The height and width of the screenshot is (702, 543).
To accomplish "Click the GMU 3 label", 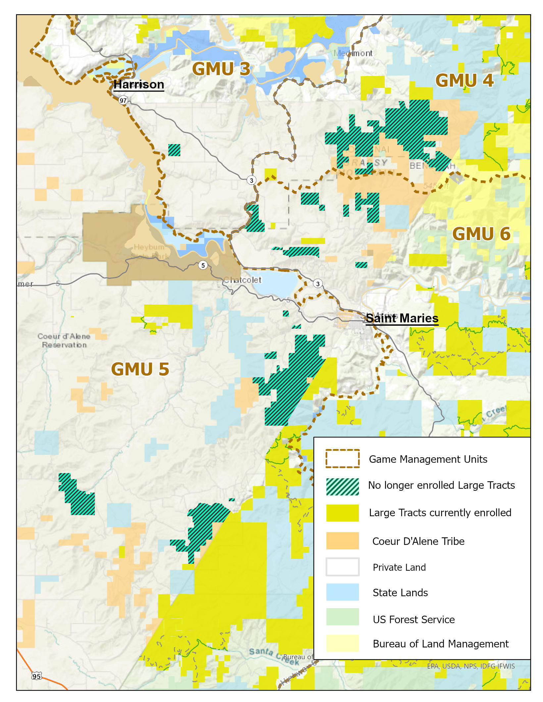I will click(x=221, y=69).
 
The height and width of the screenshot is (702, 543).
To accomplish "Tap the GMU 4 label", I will click(x=464, y=80).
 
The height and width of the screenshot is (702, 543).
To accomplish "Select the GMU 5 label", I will click(x=140, y=369).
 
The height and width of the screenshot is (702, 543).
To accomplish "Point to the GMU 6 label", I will click(x=481, y=234).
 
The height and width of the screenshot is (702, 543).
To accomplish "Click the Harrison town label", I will click(x=139, y=84).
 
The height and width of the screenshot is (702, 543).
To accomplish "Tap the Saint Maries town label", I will click(x=402, y=318).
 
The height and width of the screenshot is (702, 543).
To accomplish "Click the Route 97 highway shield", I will click(x=123, y=100).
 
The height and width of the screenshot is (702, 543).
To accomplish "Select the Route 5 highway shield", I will click(x=203, y=265).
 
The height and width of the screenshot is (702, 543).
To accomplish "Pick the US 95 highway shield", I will click(x=36, y=676).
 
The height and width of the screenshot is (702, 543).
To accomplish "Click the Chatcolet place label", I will click(x=242, y=280).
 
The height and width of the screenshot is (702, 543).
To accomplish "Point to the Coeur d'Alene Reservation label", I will click(x=64, y=340).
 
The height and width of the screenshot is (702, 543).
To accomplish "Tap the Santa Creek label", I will click(x=273, y=656).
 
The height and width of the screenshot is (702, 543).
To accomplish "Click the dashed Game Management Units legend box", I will click(x=342, y=458).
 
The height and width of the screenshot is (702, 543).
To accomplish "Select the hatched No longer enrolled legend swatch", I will click(x=342, y=486).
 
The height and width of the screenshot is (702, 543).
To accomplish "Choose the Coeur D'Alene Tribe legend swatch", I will click(x=342, y=541).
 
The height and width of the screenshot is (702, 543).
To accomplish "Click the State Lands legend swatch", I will click(x=342, y=592).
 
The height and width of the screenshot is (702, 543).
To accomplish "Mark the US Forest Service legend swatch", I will click(x=342, y=617).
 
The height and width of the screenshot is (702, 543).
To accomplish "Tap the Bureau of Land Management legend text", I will click(x=440, y=643).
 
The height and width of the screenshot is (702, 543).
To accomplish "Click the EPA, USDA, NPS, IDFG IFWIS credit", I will click(x=470, y=666).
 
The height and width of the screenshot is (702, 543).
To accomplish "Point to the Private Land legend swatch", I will click(x=342, y=567).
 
